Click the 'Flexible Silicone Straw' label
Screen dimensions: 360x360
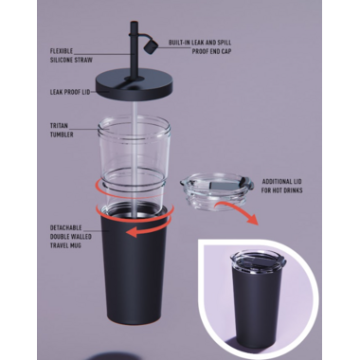(71, 55)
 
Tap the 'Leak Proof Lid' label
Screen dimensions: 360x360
(70, 92)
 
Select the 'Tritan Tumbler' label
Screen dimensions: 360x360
(62, 130)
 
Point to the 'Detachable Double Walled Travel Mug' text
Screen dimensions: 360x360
(71, 237)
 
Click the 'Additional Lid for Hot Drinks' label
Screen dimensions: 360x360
(282, 186)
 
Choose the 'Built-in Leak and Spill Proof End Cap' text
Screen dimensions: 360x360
(200, 46)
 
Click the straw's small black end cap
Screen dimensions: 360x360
(150, 46)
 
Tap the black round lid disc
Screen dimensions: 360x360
(135, 83)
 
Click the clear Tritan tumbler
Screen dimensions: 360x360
(134, 164)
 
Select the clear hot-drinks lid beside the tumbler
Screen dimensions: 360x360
(217, 189)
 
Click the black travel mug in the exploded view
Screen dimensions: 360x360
(135, 265)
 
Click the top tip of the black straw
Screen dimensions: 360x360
(135, 22)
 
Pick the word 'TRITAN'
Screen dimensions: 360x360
(59, 126)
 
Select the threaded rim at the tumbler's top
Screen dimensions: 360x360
(135, 127)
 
